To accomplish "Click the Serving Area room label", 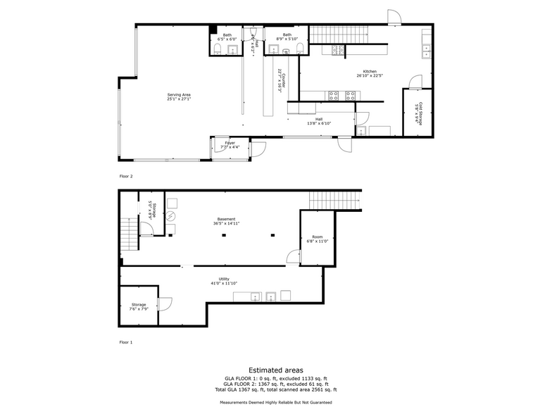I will tap(179, 96).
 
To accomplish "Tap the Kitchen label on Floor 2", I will tap(370, 73).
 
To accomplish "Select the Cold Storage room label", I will tap(418, 113).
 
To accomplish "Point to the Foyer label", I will tap(229, 146).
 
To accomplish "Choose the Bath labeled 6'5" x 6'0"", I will tap(227, 37).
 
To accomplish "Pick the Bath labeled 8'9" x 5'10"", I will tap(287, 37).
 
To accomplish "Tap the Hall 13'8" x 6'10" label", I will tap(319, 121).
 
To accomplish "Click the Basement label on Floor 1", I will tap(226, 221).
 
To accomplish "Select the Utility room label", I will tap(224, 281).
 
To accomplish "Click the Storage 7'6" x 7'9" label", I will tap(138, 307).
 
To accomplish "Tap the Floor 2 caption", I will tap(126, 177).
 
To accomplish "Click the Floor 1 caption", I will tap(126, 342).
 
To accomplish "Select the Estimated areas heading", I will tap(276, 369).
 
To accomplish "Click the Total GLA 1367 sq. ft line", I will tap(276, 389).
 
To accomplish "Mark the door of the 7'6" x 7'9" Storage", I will tap(165, 303).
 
